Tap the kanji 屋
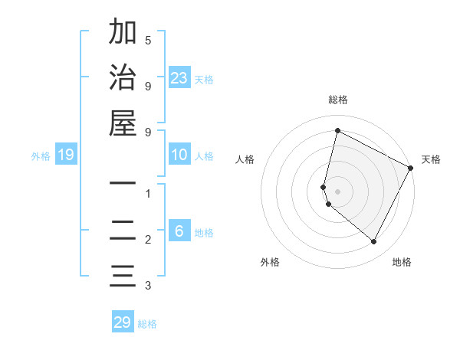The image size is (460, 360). [x=123, y=123]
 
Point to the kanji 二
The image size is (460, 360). [x=123, y=231]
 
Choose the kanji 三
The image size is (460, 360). [x=123, y=277]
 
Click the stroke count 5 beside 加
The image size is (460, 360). [x=148, y=40]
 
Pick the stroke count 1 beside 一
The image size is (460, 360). [x=148, y=194]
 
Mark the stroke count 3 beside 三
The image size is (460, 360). [x=148, y=286]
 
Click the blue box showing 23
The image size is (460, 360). [x=179, y=78]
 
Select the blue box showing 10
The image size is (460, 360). [x=179, y=155]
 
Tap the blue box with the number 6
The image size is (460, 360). [x=179, y=232]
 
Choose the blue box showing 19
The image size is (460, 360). [x=65, y=155]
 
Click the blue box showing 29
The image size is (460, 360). [x=123, y=322]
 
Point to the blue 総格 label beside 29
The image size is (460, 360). [x=148, y=324]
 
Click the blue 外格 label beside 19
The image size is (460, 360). [x=41, y=156]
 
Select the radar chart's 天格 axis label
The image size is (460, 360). [x=431, y=159]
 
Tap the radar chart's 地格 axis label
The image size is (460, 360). [x=402, y=262]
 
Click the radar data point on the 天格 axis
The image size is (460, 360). [x=411, y=167]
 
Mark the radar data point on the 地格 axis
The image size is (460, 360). [x=373, y=241]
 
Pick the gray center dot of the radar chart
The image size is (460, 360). [x=338, y=191]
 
